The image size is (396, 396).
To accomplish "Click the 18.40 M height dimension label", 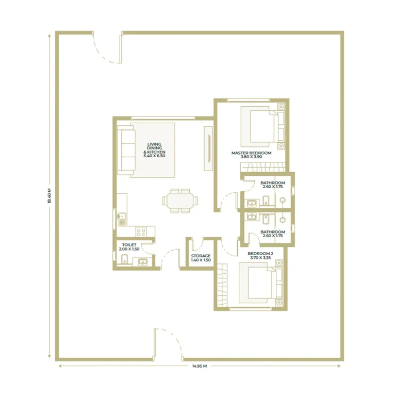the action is pyautogui.click(x=49, y=196).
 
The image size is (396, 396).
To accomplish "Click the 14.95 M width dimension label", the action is pyautogui.click(x=200, y=366).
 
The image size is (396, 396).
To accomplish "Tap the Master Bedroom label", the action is pyautogui.click(x=251, y=155).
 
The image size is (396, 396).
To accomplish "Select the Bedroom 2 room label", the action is pyautogui.click(x=260, y=256).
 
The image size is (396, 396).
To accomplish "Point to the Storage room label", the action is pyautogui.click(x=201, y=258).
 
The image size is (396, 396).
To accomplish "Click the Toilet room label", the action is pyautogui.click(x=129, y=247).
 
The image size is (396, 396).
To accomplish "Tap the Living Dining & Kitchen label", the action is pyautogui.click(x=154, y=150).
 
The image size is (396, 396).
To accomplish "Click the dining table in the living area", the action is pyautogui.click(x=180, y=201).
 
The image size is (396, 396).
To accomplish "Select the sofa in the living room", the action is pyautogui.click(x=126, y=150).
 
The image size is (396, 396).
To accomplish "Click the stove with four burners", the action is pyautogui.click(x=141, y=232).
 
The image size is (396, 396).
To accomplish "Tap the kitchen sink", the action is pyautogui.click(x=122, y=219).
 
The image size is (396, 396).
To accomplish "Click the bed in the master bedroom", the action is pyautogui.click(x=262, y=126).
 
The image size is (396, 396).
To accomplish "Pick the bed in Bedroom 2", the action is pyautogui.click(x=260, y=283).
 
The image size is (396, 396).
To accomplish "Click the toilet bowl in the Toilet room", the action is pyautogui.click(x=124, y=259).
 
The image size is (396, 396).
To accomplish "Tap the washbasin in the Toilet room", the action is pyautogui.click(x=143, y=262).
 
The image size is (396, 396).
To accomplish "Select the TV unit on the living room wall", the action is pyautogui.click(x=208, y=148).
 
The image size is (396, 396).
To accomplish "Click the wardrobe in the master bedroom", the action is pyautogui.click(x=262, y=168).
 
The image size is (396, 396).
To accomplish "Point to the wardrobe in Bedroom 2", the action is pyautogui.click(x=222, y=285).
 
